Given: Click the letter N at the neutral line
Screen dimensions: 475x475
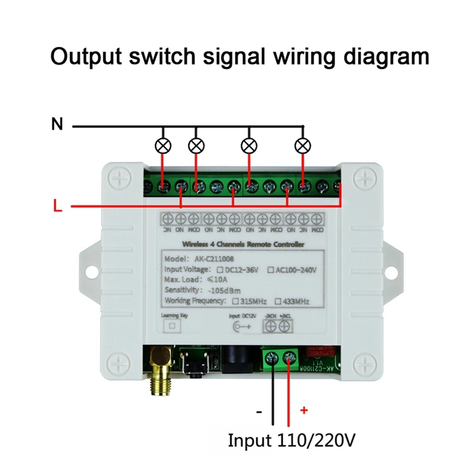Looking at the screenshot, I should [x=57, y=125].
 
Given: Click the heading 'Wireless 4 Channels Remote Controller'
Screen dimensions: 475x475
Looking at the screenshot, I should [x=243, y=244].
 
